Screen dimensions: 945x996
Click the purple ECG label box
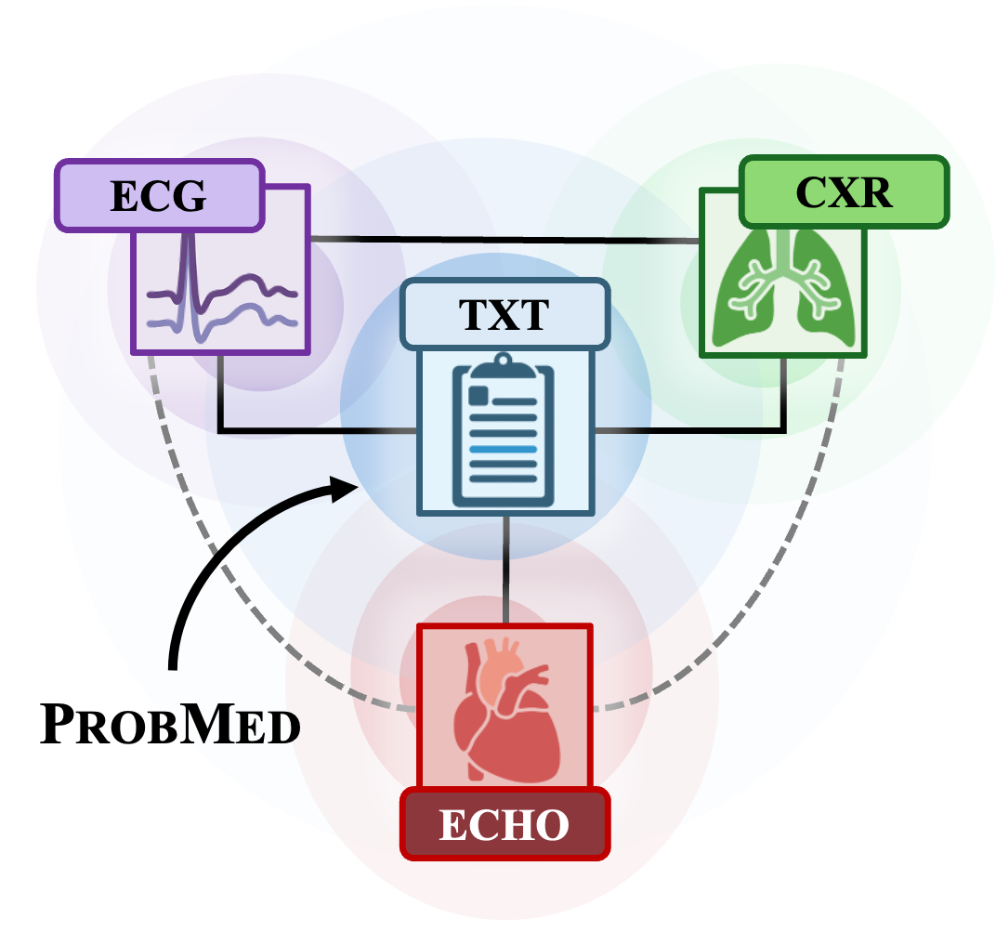coord(159,195)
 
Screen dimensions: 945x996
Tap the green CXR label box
coord(844,192)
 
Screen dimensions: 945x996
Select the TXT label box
coord(505,314)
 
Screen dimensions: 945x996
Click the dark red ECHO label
coord(505,824)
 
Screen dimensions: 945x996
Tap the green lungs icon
coord(783,289)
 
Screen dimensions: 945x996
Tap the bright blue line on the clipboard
coord(504,449)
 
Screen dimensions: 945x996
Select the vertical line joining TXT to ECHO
coord(505,569)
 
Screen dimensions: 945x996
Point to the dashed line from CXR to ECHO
coord(780,576)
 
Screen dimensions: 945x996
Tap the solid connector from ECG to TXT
coord(279,431)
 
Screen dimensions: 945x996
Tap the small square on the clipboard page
coord(478,395)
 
